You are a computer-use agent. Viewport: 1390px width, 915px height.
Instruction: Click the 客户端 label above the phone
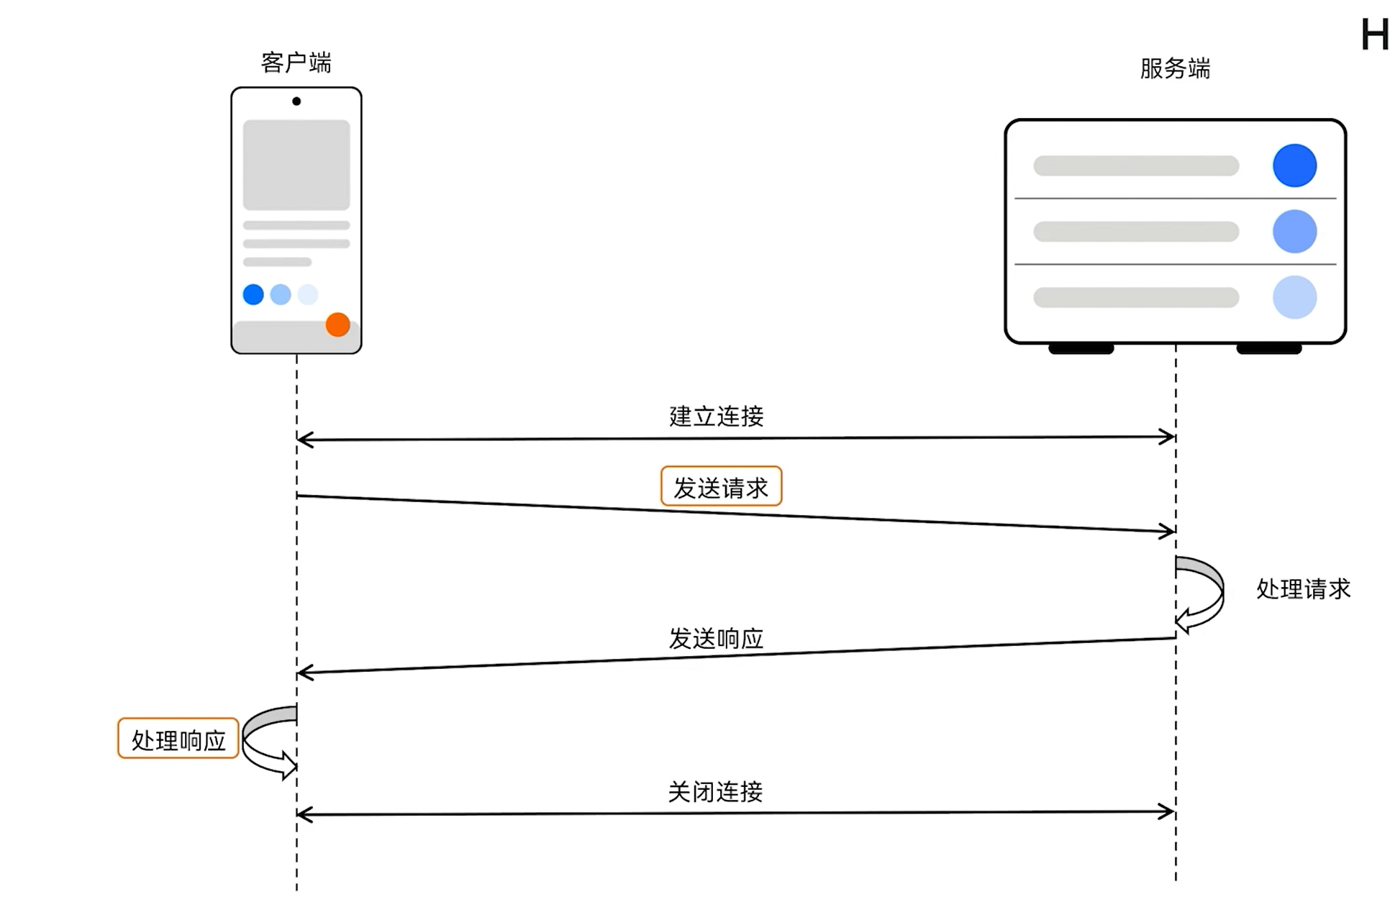(296, 63)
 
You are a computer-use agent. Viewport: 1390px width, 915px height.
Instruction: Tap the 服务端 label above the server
(1175, 68)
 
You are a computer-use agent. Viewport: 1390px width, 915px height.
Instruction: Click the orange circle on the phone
(337, 324)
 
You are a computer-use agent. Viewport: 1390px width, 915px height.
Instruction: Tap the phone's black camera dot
(296, 101)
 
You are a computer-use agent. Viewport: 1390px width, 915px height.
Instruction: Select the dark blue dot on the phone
(253, 294)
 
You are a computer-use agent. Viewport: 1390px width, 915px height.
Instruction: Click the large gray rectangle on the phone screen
(296, 165)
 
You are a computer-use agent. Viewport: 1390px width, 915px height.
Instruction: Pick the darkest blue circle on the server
(1294, 165)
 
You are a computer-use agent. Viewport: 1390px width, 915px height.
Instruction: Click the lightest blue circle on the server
(1294, 297)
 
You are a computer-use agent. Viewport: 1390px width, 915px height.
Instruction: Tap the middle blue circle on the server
(1294, 232)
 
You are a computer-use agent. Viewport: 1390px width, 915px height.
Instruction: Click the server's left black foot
(1081, 350)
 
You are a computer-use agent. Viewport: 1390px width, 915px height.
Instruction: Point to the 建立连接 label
(716, 416)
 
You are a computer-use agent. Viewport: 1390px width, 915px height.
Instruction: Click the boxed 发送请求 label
(721, 487)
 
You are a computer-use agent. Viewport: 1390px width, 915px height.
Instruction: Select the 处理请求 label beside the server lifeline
(1303, 589)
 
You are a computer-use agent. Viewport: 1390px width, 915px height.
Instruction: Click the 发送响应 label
(716, 638)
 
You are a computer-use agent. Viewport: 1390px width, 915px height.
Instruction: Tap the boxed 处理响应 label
(178, 739)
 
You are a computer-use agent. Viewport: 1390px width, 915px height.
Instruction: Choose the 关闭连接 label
(715, 792)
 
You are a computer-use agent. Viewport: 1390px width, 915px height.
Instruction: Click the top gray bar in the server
(1136, 165)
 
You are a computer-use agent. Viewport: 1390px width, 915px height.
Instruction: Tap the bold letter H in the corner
(1374, 35)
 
